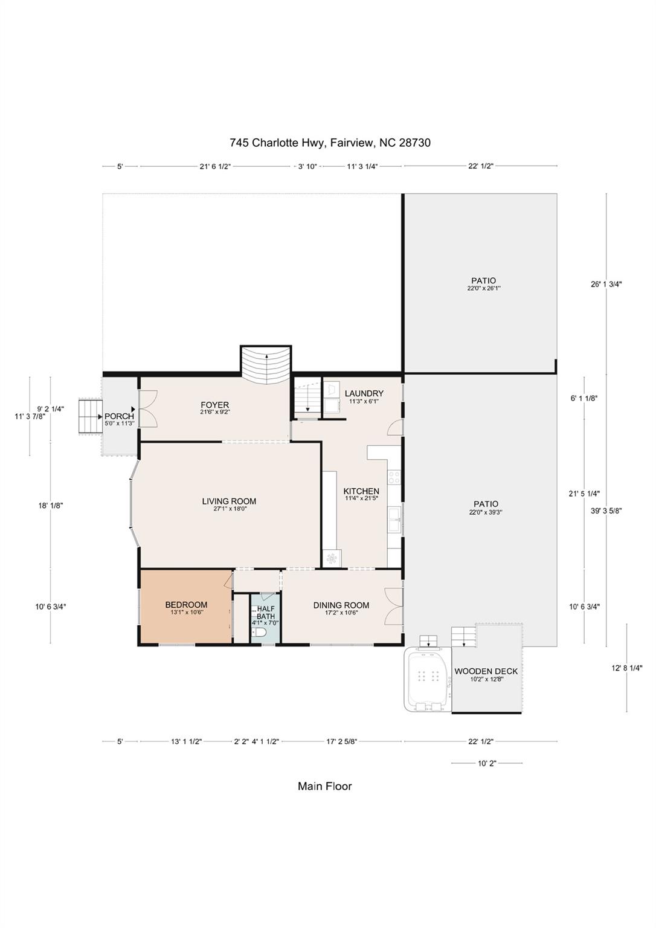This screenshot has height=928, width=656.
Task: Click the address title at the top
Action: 330,143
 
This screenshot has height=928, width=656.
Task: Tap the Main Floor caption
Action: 325,786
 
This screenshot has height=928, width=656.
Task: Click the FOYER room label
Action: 214,405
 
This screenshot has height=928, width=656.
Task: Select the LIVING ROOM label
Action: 229,501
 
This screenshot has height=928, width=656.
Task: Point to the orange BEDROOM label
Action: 187,605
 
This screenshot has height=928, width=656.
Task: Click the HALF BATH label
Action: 265,613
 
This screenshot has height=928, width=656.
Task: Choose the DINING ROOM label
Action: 341,605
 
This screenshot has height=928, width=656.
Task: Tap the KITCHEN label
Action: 361,491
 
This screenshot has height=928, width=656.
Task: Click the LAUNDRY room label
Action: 364,393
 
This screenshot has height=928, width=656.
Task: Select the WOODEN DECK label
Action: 486,671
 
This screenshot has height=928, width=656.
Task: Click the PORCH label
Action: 119,416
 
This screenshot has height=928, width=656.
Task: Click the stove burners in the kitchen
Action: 394,477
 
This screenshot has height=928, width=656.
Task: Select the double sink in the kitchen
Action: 394,519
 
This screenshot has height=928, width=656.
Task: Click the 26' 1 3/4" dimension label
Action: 606,284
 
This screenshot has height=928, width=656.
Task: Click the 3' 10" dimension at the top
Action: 307,167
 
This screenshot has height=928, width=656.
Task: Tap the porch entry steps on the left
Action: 90,416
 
